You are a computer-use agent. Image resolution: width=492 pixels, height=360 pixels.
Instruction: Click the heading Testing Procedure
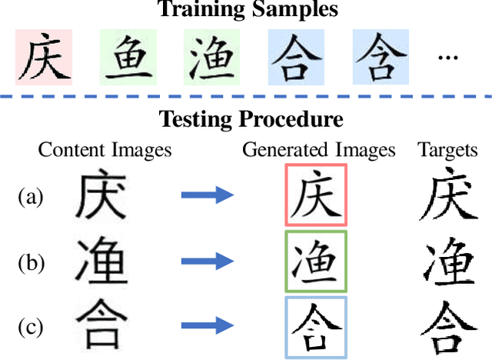pyautogui.click(x=251, y=120)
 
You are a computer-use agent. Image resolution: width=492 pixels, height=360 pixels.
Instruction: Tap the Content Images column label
pyautogui.click(x=105, y=149)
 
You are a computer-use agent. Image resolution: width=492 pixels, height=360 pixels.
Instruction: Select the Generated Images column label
pyautogui.click(x=319, y=149)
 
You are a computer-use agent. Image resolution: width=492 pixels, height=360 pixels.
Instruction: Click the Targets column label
pyautogui.click(x=448, y=149)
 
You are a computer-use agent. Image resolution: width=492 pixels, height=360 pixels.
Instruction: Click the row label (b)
pyautogui.click(x=30, y=262)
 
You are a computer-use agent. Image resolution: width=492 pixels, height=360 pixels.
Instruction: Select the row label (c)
pyautogui.click(x=30, y=328)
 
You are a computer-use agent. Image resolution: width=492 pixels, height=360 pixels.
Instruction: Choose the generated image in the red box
pyautogui.click(x=316, y=195)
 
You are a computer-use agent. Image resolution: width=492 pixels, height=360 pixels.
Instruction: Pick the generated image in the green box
pyautogui.click(x=316, y=262)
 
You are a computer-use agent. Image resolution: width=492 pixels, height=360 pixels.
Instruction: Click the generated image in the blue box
pyautogui.click(x=316, y=328)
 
